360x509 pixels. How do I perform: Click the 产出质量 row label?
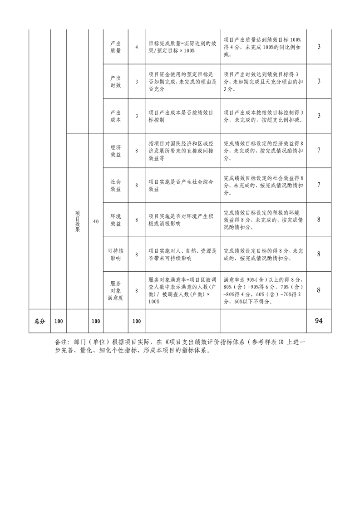(116, 47)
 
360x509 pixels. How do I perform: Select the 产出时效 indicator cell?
(116, 82)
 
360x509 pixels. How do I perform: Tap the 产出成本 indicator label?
(116, 116)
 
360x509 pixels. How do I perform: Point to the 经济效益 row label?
(116, 151)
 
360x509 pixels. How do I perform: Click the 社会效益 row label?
(116, 185)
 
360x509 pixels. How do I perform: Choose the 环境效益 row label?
(116, 220)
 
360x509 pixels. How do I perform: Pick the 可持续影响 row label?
(116, 254)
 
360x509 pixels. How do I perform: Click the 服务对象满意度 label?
(116, 290)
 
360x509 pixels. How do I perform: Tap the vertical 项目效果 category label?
(77, 221)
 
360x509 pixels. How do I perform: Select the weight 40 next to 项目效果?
(96, 221)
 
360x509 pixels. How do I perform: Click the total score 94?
(319, 321)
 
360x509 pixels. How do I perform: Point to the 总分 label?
(39, 321)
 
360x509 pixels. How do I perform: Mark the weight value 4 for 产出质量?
(137, 47)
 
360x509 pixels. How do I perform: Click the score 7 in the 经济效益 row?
(319, 150)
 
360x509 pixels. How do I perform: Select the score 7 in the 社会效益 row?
(319, 185)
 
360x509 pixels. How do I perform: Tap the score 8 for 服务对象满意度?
(319, 290)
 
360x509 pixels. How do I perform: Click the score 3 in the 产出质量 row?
(319, 46)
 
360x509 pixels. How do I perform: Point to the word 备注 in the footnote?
(61, 342)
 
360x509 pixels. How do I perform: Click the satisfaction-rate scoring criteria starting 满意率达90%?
(263, 290)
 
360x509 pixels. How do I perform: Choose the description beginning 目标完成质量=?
(182, 47)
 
